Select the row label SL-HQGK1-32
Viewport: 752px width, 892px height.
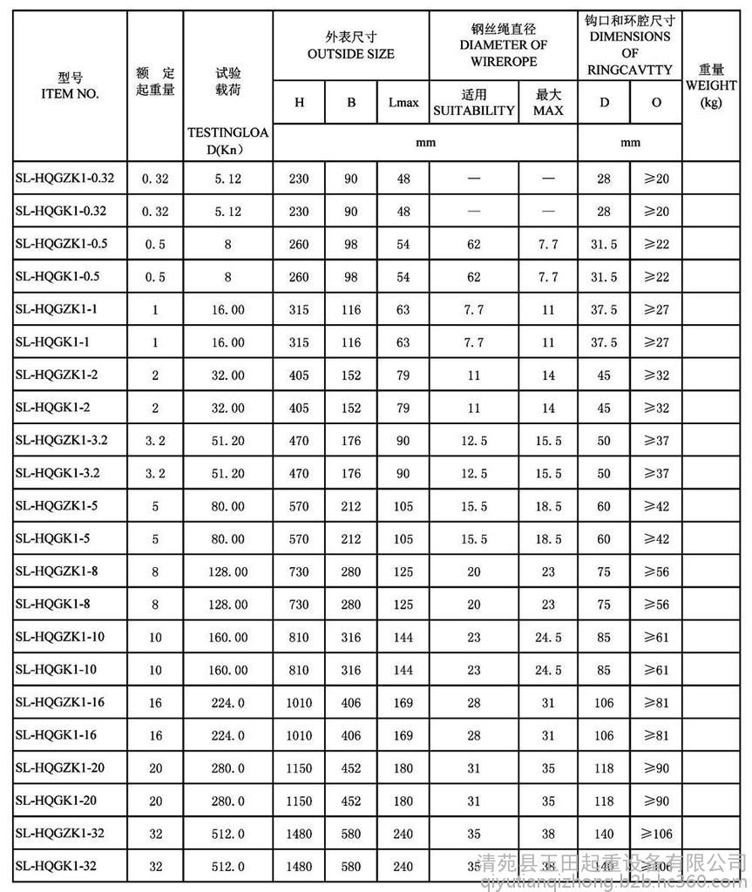54,866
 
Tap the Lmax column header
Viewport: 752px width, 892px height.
403,103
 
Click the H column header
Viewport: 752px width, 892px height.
299,103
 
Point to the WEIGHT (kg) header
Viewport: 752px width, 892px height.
711,86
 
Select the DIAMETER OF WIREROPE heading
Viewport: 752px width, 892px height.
503,46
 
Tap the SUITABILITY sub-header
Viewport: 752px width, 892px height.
474,103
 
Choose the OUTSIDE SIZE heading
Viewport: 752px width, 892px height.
350,46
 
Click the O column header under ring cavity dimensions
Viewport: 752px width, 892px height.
655,103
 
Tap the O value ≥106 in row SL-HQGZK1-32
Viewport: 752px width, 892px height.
655,834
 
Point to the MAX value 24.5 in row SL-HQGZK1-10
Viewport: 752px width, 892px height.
548,637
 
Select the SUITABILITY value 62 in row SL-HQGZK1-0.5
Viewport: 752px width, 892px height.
474,244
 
